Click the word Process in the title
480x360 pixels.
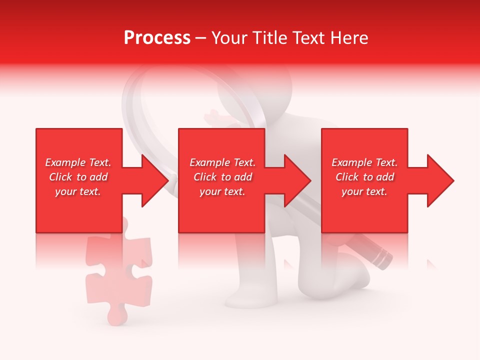[157, 38]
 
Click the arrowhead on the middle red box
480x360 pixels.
[296, 180]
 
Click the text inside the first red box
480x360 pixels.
[78, 177]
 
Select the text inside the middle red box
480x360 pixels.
[222, 177]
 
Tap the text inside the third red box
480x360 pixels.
[364, 177]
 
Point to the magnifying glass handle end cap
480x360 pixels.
[382, 258]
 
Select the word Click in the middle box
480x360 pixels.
[204, 177]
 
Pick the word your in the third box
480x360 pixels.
[352, 191]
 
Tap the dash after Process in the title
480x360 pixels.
[201, 38]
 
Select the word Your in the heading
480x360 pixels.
[229, 38]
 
